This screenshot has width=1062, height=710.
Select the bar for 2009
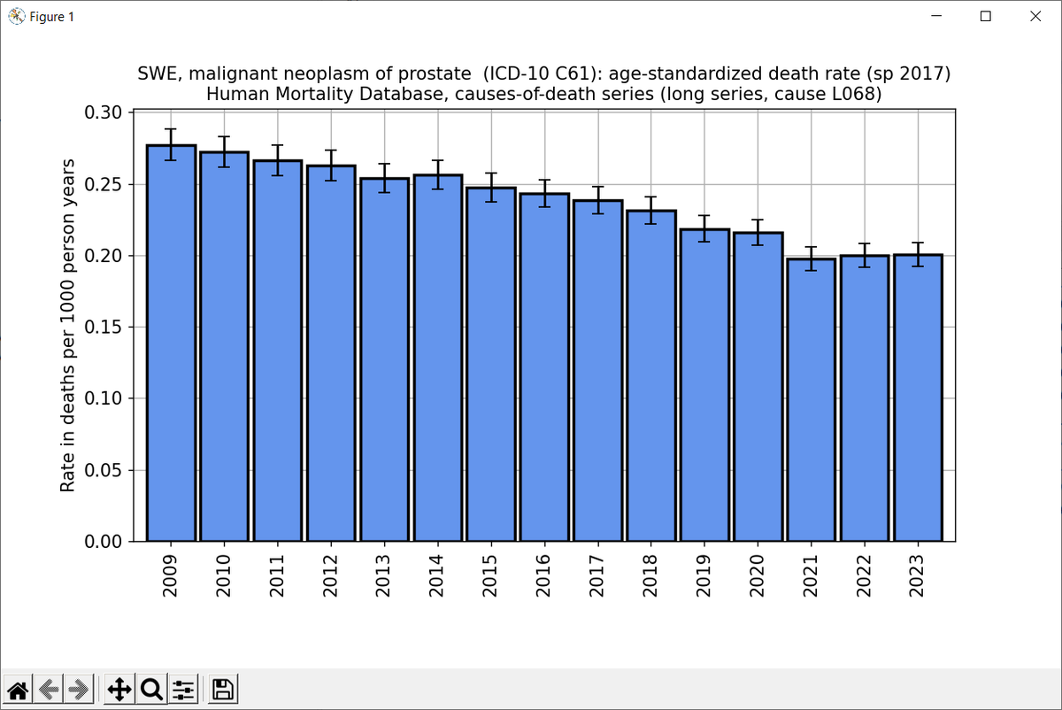tap(171, 343)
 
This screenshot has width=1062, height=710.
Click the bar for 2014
tap(438, 358)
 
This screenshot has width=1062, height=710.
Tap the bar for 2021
tap(812, 400)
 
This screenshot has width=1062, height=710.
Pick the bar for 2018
tap(651, 375)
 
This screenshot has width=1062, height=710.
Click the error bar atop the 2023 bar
tap(919, 255)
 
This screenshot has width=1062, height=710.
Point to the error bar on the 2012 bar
tap(331, 166)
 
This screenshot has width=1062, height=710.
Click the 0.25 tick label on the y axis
tap(103, 184)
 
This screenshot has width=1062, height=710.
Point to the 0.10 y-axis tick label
tap(103, 398)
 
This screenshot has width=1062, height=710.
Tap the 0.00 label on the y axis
tap(103, 542)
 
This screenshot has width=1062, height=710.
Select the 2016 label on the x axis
tap(543, 576)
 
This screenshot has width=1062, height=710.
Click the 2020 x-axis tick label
tap(758, 576)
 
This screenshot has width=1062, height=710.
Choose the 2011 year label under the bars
tap(277, 576)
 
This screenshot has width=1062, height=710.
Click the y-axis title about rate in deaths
tap(67, 326)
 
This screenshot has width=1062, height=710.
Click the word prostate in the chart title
tap(435, 74)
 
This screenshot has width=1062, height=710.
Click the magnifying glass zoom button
tap(151, 689)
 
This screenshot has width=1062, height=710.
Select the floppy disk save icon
tap(222, 689)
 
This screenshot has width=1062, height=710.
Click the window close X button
tap(1035, 16)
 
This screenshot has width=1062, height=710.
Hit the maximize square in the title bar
tap(986, 16)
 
